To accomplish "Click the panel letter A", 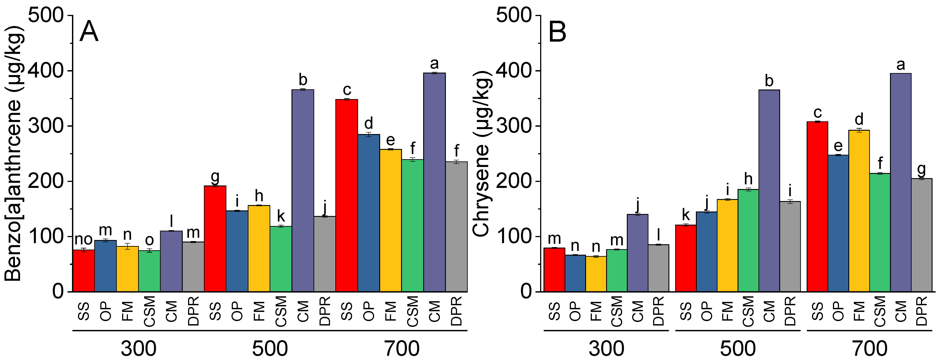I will (89, 32).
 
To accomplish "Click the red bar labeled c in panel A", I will (347, 195).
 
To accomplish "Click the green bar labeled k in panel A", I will (281, 259).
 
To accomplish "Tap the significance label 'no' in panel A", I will (84, 240).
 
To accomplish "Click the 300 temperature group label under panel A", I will (139, 348).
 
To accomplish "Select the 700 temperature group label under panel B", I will (869, 348).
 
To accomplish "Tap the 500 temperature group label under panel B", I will (738, 348).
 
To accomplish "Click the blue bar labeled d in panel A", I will (369, 213).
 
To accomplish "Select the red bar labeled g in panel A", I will (215, 239).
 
